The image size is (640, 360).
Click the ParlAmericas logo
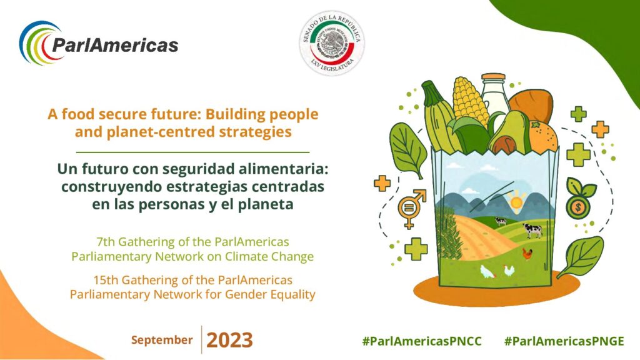pos(99,43)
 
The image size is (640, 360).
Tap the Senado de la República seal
pos(331,43)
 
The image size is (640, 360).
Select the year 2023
pos(229,340)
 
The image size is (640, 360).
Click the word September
pos(162,340)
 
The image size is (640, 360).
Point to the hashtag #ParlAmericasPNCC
pos(422,341)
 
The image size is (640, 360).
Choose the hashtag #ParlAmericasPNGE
pos(564,341)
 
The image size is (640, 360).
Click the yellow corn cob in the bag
pos(470,101)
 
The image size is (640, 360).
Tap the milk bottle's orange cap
pos(493,77)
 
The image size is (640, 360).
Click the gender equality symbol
pos(411,207)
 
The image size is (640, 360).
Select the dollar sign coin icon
pos(578,206)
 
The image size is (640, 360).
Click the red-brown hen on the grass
pos(527,254)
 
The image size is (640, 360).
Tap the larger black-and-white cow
pos(532,230)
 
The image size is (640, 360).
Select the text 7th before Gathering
pos(106,242)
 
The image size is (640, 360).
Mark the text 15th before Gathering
pos(106,280)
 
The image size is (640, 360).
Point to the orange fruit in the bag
pos(543,136)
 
